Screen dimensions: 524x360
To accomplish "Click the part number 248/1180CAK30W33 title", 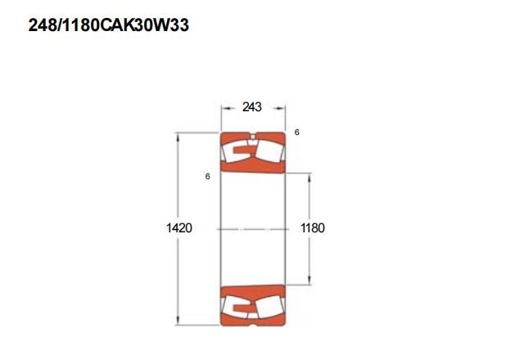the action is [x=109, y=25].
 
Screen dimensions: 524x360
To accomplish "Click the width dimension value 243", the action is [x=252, y=107].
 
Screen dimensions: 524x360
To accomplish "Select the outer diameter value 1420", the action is [x=179, y=228].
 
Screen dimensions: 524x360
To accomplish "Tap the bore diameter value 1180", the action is [x=313, y=228].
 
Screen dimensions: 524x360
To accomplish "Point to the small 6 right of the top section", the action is [x=296, y=133].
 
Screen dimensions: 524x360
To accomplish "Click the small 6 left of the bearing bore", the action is [x=207, y=177].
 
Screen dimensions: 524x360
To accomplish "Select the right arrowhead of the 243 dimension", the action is [x=280, y=108].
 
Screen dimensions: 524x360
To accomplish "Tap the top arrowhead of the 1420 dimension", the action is [x=178, y=138].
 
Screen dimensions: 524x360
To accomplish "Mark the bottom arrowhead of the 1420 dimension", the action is [x=178, y=320].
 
